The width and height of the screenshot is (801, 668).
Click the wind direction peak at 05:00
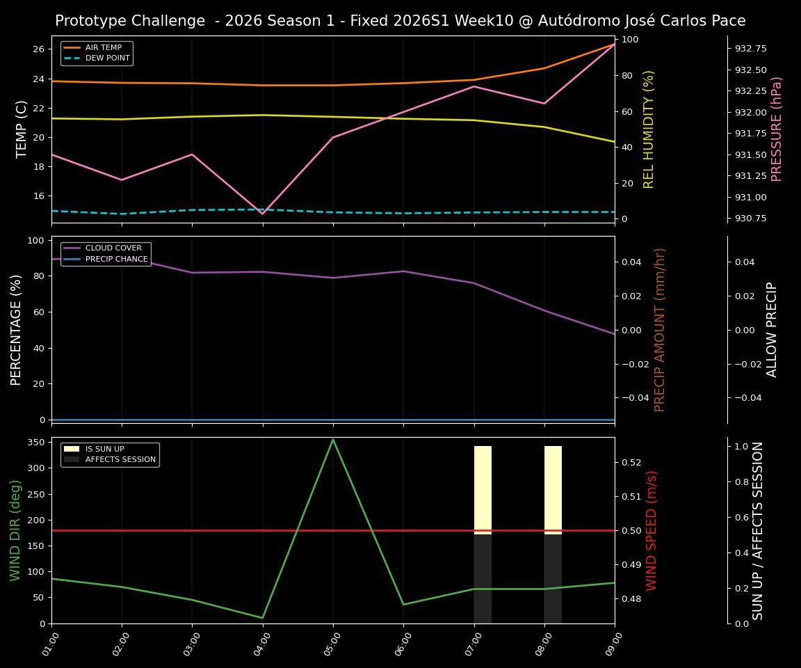coord(333,439)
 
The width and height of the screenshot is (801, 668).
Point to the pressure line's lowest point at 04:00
coord(263,214)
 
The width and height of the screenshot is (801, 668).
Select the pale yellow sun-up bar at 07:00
coord(483,490)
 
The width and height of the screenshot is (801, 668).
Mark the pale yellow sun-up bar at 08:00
coord(553,490)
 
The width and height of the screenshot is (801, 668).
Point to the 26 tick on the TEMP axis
coord(38,49)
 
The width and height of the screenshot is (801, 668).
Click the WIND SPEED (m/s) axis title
coord(652,530)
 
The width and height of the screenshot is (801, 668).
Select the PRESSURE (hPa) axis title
coord(777,129)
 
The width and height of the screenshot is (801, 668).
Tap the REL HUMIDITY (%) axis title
coord(649,129)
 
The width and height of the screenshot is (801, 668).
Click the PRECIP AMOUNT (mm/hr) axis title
coord(660,329)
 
